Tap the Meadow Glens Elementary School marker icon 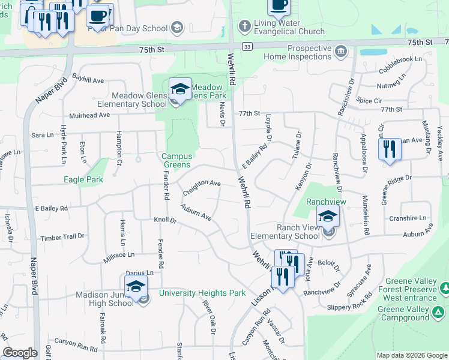pos(180,91)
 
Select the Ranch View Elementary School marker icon pos(328,217)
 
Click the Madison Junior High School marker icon pos(136,287)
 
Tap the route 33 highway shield pos(247,46)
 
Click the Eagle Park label pos(83,179)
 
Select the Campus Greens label pos(176,160)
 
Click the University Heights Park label pos(202,293)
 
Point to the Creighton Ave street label pos(202,183)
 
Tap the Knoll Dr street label pos(165,220)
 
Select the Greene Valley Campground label pos(403,313)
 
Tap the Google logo pos(20,353)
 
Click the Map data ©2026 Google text pos(411,355)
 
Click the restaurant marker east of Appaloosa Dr pos(390,149)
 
